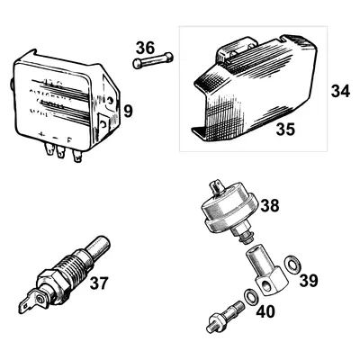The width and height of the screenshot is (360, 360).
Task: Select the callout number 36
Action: [x=146, y=48]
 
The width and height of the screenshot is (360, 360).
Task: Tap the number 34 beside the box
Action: [x=339, y=91]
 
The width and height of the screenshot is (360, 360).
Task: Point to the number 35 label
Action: [x=285, y=130]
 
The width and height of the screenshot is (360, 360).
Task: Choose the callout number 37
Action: [x=99, y=283]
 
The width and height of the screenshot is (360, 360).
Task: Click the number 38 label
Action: [x=269, y=206]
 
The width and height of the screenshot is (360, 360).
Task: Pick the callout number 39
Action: [x=307, y=281]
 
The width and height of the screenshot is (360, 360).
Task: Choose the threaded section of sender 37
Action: [x=65, y=269]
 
